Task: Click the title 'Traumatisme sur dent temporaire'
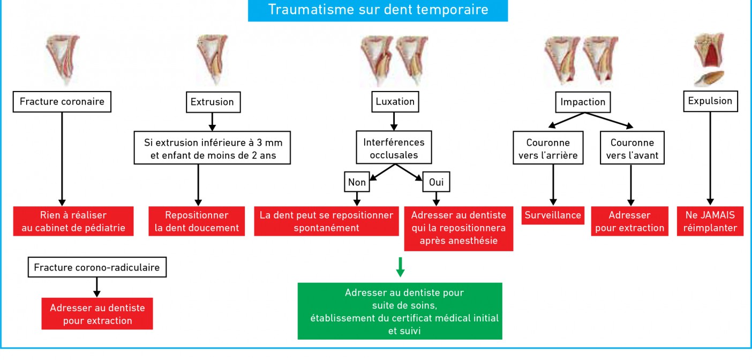378,10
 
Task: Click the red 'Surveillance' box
553,215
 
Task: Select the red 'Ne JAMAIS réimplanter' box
710,221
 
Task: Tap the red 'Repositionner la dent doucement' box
197,221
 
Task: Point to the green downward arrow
400,267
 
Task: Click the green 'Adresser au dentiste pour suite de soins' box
400,311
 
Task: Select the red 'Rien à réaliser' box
73,221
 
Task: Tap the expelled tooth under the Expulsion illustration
709,79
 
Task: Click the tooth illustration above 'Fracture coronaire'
63,59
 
